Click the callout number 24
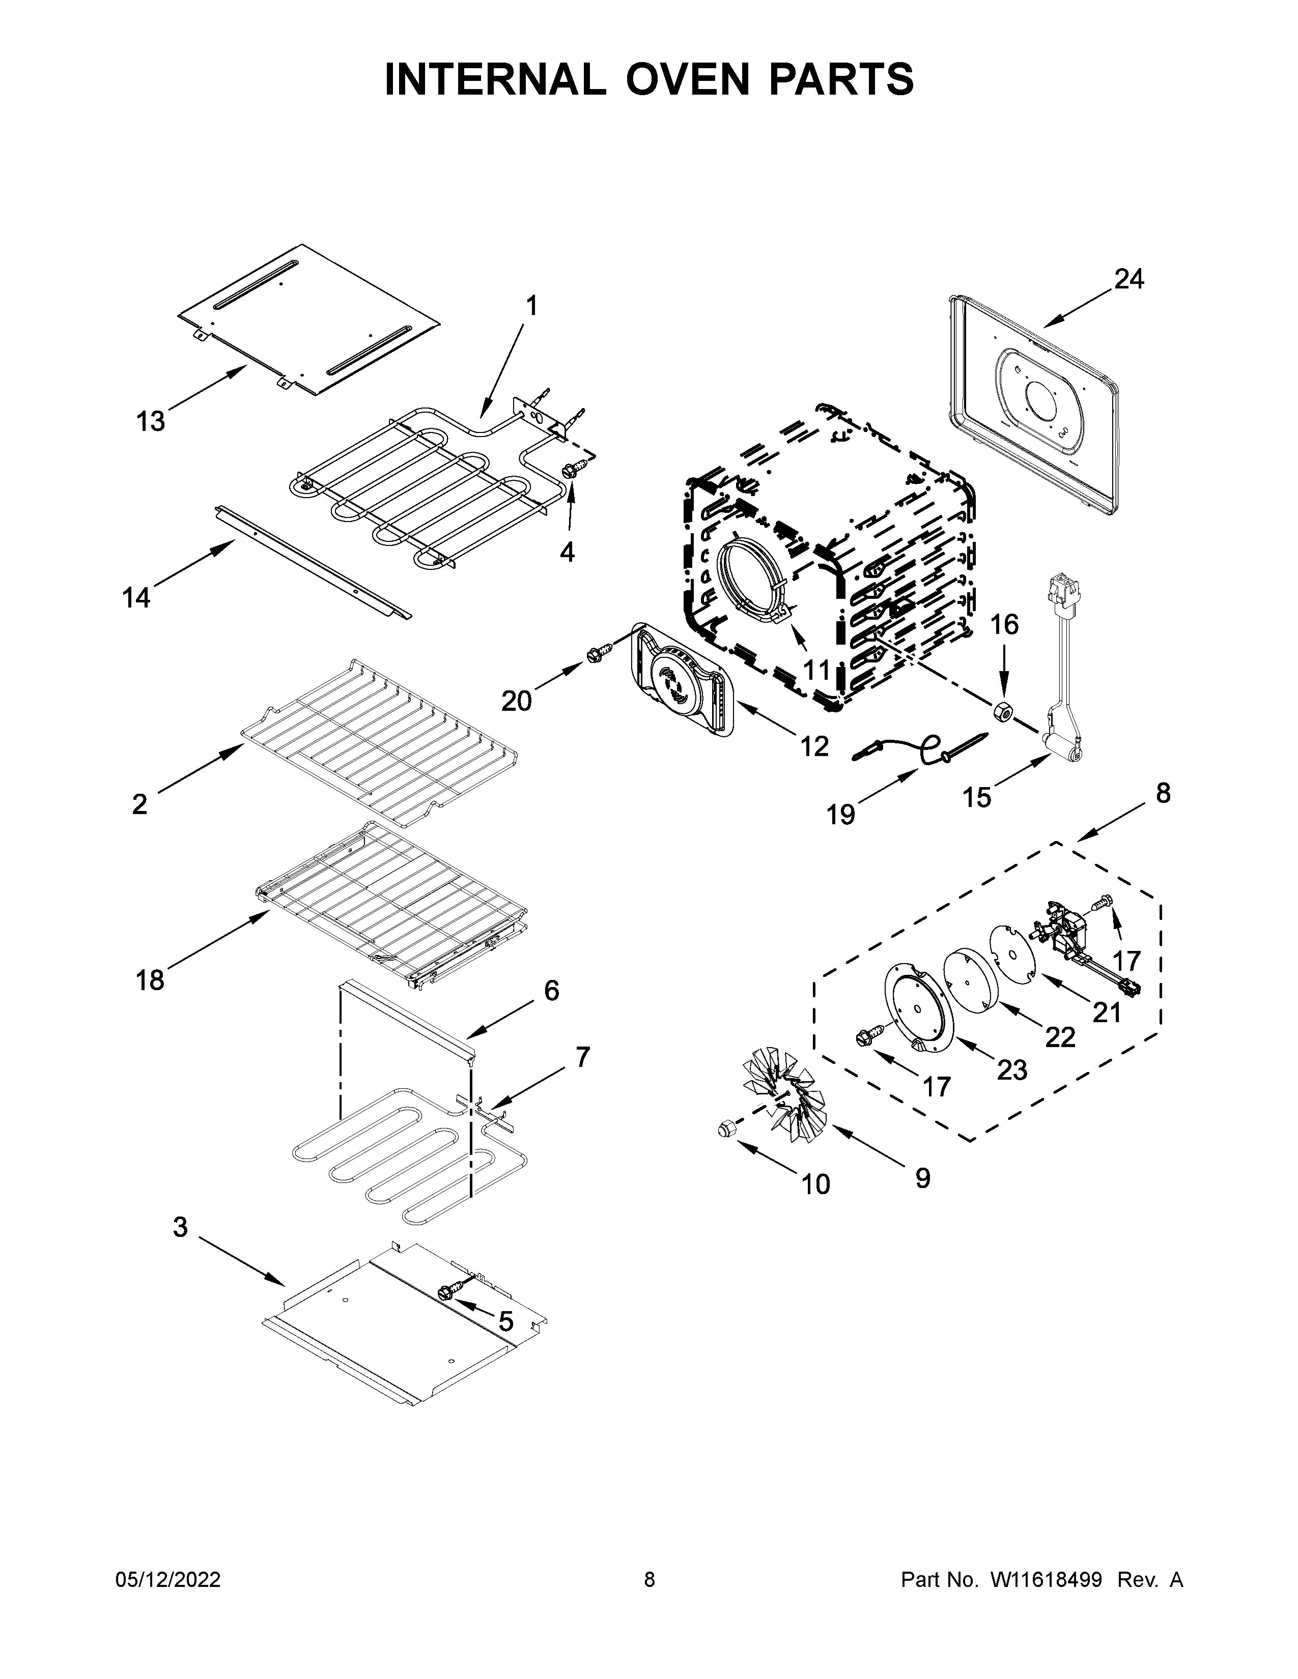click(1129, 279)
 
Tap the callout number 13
click(151, 421)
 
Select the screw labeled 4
click(574, 469)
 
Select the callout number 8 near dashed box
click(1162, 793)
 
